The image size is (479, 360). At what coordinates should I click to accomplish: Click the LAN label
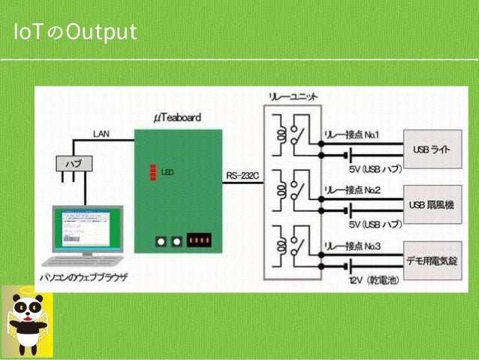[x=101, y=133]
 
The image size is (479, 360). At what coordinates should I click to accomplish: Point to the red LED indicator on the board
[x=152, y=172]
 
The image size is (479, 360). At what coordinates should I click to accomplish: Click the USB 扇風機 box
[x=432, y=204]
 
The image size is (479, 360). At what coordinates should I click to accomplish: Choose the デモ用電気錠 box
[x=432, y=260]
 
